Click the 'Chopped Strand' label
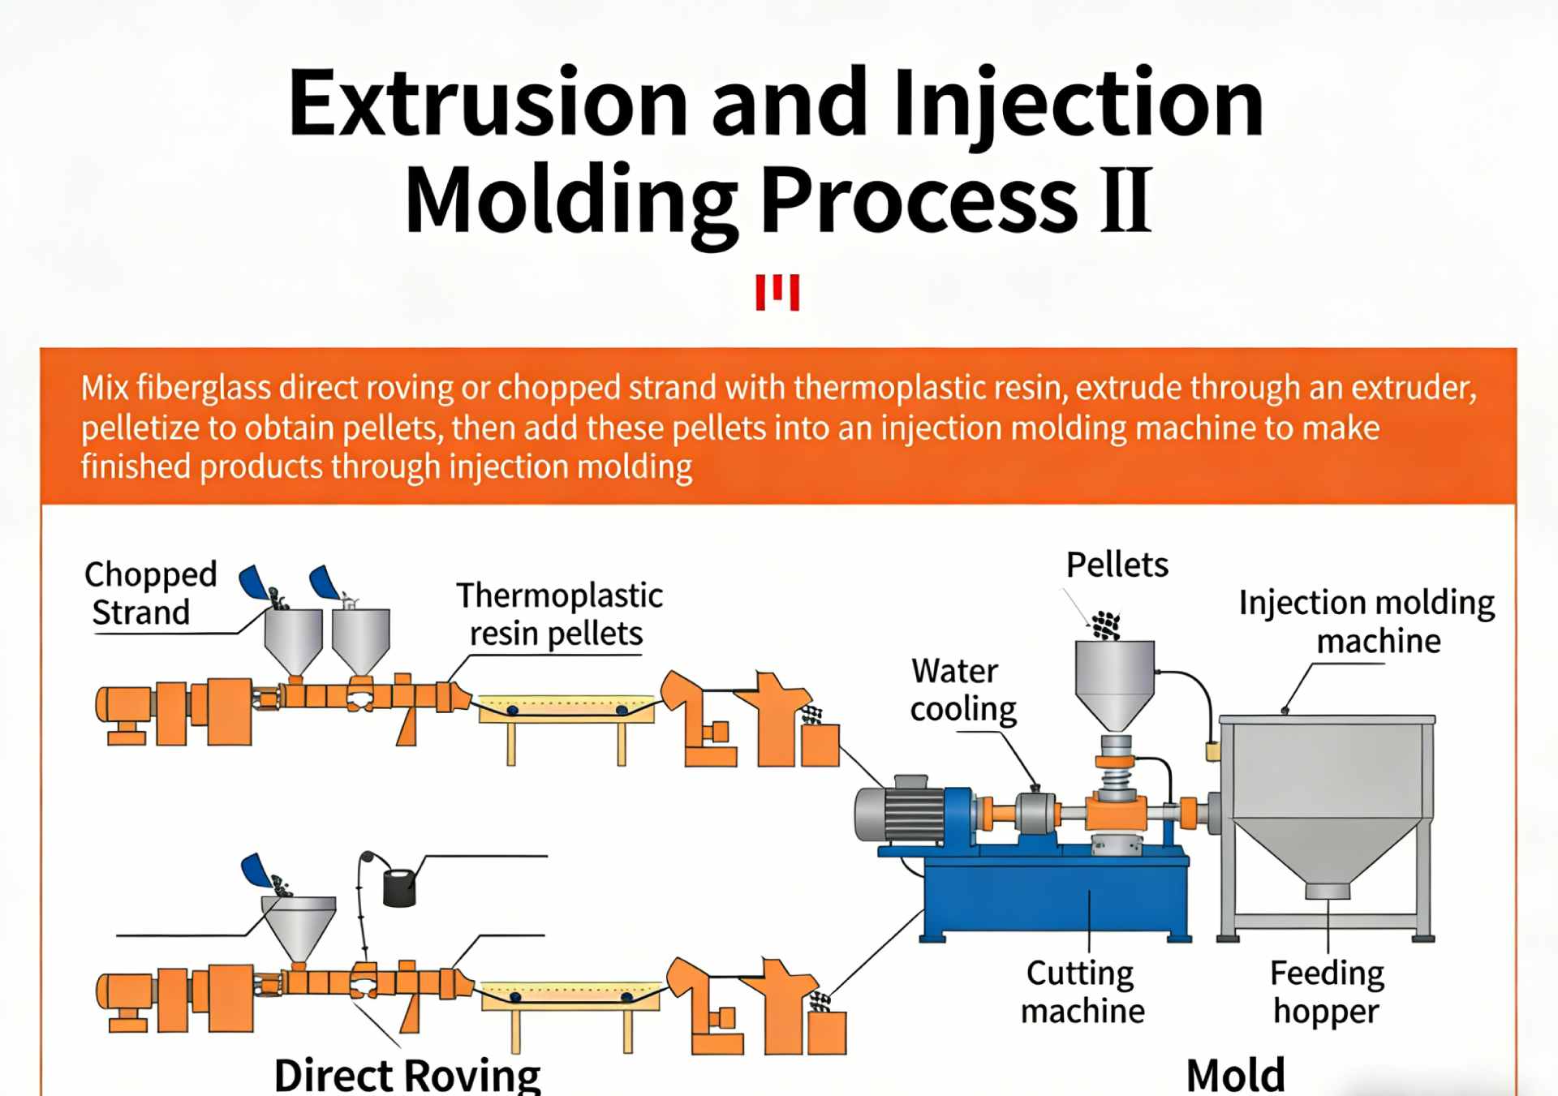(x=150, y=593)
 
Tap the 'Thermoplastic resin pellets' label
(x=558, y=614)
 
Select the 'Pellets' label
(x=1117, y=565)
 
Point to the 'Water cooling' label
(x=962, y=690)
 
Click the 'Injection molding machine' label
(x=1366, y=621)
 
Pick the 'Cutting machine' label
(x=1082, y=991)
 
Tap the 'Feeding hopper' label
(x=1327, y=991)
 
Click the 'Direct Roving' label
(x=407, y=1074)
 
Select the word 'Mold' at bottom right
(x=1235, y=1074)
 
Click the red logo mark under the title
(x=777, y=292)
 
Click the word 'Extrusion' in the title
(x=488, y=103)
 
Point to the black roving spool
(x=398, y=888)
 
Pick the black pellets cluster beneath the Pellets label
(x=1104, y=625)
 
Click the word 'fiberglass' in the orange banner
(x=203, y=388)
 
